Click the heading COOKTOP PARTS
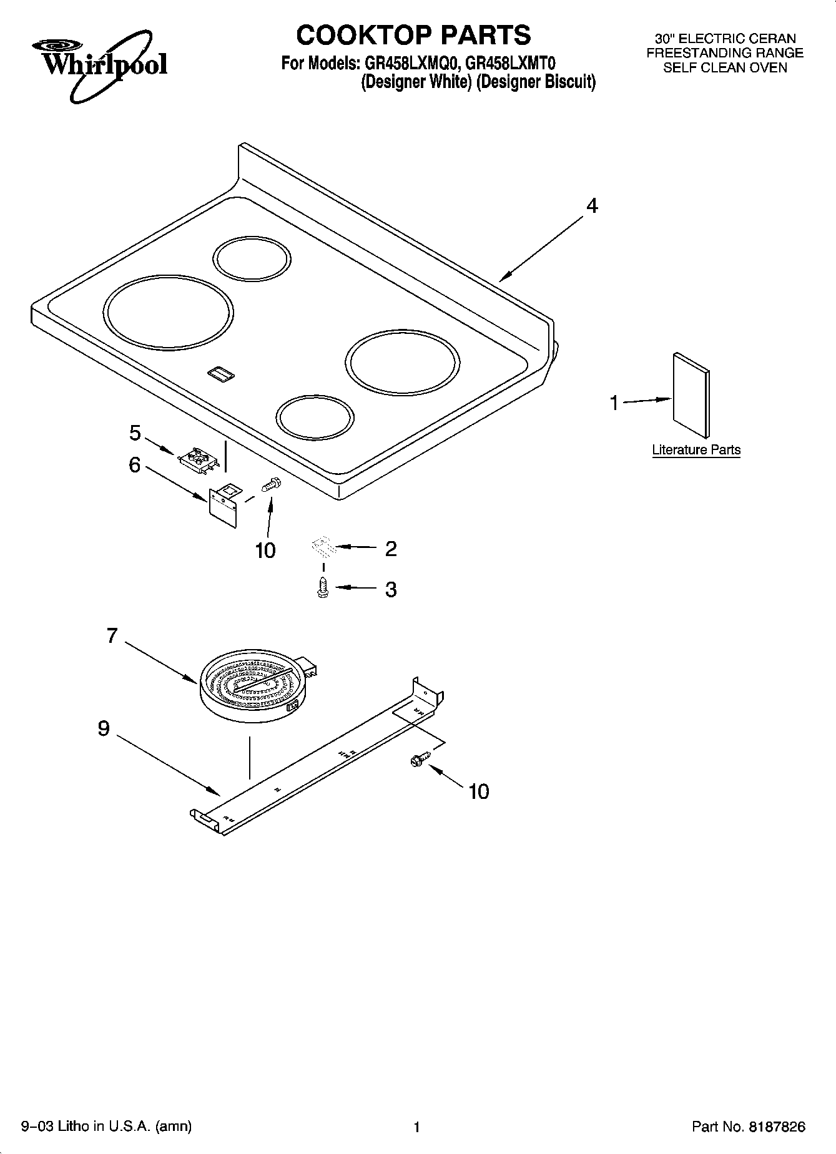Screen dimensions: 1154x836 click(x=413, y=35)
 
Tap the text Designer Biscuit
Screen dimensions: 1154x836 click(x=536, y=82)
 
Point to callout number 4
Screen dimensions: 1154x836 click(x=591, y=205)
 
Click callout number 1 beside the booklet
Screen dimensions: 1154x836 click(x=614, y=403)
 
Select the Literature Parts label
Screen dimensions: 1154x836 click(x=696, y=450)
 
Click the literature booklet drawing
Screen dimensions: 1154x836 click(x=691, y=395)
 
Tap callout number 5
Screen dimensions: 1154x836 click(x=135, y=433)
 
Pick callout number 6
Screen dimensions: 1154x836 click(x=135, y=465)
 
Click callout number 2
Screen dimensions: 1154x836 click(x=391, y=549)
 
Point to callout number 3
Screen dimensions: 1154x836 click(x=391, y=589)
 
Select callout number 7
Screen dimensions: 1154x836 click(x=112, y=636)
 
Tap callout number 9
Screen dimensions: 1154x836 click(x=104, y=728)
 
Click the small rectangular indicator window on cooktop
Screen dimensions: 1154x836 click(x=220, y=373)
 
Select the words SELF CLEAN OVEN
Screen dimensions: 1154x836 click(x=725, y=68)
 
